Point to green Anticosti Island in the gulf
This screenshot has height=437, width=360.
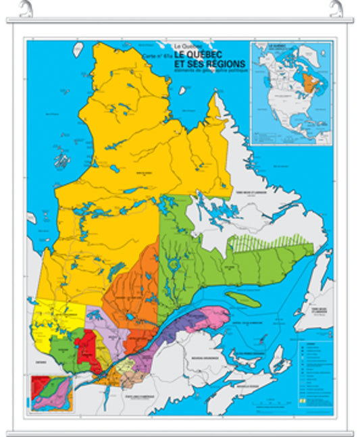pyautogui.click(x=242, y=299)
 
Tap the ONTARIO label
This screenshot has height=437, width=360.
pyautogui.click(x=36, y=363)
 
